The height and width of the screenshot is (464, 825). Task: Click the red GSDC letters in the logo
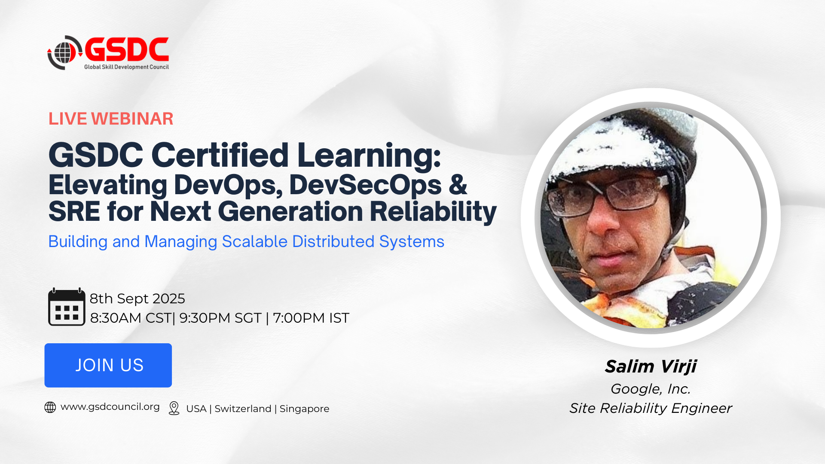click(127, 49)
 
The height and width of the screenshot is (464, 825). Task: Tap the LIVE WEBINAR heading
click(111, 119)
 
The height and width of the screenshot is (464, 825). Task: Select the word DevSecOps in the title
click(365, 185)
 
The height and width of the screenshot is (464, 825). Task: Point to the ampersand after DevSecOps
click(458, 185)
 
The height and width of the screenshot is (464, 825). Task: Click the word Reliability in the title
click(433, 212)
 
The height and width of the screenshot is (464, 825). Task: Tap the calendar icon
click(67, 307)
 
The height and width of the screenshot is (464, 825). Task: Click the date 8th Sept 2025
click(137, 299)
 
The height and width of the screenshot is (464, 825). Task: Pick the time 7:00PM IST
click(311, 318)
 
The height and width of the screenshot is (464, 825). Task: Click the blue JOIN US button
click(108, 365)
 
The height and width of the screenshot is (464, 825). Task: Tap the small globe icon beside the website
click(50, 407)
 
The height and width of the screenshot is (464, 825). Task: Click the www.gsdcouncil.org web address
click(110, 407)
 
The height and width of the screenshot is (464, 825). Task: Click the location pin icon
click(174, 408)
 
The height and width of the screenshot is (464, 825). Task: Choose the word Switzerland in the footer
click(243, 409)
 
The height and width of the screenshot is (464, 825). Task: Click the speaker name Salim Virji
click(651, 366)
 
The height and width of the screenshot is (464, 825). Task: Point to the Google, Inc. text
click(651, 389)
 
